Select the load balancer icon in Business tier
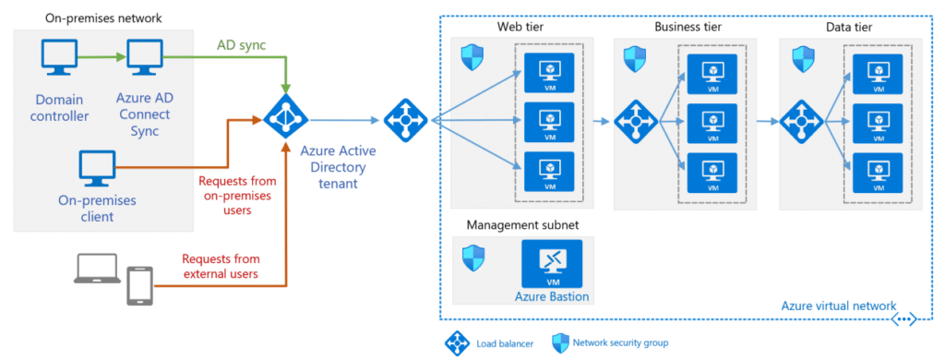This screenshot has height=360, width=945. pyautogui.click(x=634, y=120)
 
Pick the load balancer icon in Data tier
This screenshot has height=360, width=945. pyautogui.click(x=800, y=120)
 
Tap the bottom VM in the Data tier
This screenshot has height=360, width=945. pyautogui.click(x=877, y=173)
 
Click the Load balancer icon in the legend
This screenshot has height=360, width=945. pyautogui.click(x=456, y=342)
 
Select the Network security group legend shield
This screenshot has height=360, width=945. pyautogui.click(x=559, y=342)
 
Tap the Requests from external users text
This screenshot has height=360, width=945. pyautogui.click(x=219, y=266)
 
